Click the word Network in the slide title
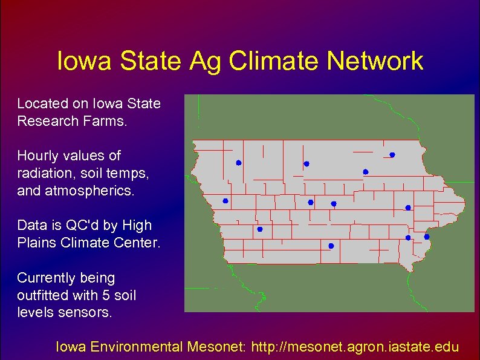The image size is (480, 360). tap(375, 62)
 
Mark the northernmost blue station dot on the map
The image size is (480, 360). tap(392, 155)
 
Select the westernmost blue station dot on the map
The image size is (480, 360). tap(225, 201)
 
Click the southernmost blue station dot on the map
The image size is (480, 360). tap(331, 246)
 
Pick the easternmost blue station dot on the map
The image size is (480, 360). tap(426, 237)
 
